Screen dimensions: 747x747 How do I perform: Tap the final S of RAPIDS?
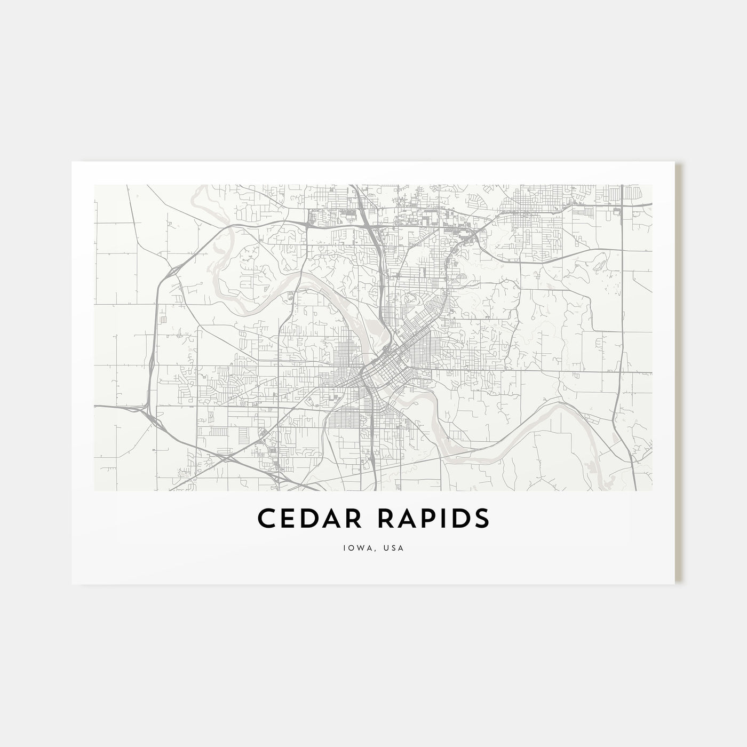click(480, 518)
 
